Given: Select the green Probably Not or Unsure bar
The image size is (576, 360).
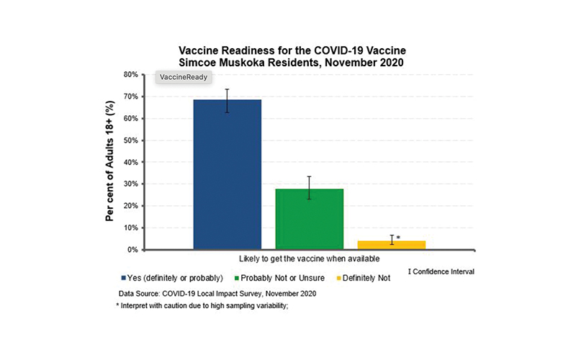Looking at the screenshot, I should click(309, 219).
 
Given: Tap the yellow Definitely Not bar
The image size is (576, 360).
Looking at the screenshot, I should click(391, 245).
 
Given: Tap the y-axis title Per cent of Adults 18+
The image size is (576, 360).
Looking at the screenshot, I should click(110, 162).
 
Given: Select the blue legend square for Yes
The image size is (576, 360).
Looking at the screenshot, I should click(123, 277).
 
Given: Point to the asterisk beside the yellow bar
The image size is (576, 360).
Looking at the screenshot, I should click(398, 237).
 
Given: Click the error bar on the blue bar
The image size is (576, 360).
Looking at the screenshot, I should click(227, 100).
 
